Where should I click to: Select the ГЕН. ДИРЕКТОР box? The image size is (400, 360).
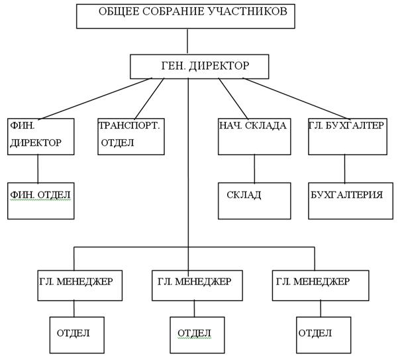coord(199,66)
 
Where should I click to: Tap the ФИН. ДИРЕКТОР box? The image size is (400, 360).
coord(40,136)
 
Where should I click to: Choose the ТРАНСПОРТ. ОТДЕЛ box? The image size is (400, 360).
coord(131,136)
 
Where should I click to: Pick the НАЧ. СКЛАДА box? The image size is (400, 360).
coord(254,136)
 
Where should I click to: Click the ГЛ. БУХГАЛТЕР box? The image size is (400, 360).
coord(346,136)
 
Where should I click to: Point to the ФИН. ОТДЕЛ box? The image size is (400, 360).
coord(40,200)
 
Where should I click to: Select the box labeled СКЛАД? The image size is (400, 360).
coord(254,200)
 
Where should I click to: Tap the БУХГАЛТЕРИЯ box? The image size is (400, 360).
coord(346,200)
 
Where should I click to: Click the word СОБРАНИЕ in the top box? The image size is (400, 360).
coord(162,12)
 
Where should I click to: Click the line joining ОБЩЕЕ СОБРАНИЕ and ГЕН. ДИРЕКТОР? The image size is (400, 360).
coord(187,41)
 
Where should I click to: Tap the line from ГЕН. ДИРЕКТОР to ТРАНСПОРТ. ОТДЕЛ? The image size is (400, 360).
coord(149,98)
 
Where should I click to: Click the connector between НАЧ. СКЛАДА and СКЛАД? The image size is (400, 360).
coord(254,168)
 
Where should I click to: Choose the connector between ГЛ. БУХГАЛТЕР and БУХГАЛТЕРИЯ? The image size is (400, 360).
coord(344,168)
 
